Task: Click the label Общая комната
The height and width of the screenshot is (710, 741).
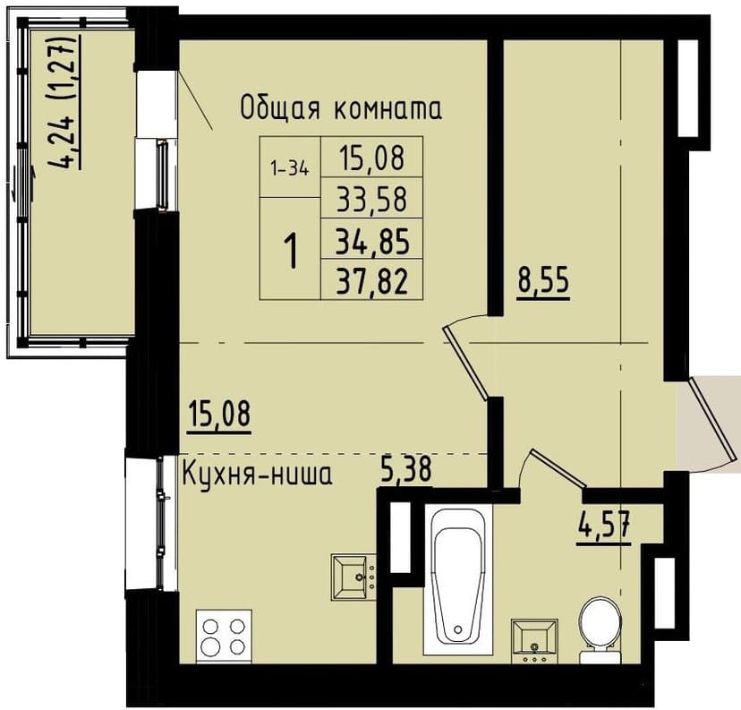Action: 341,109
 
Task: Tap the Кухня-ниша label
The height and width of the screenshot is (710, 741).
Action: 257,474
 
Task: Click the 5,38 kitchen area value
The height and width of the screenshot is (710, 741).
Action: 406,468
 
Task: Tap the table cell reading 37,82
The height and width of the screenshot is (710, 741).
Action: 371,281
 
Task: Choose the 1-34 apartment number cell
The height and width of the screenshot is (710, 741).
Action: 289,167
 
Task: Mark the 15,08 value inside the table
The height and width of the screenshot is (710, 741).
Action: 371,158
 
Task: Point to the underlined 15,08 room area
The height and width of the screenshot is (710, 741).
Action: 220,415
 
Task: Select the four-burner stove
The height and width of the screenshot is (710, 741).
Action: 224,636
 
